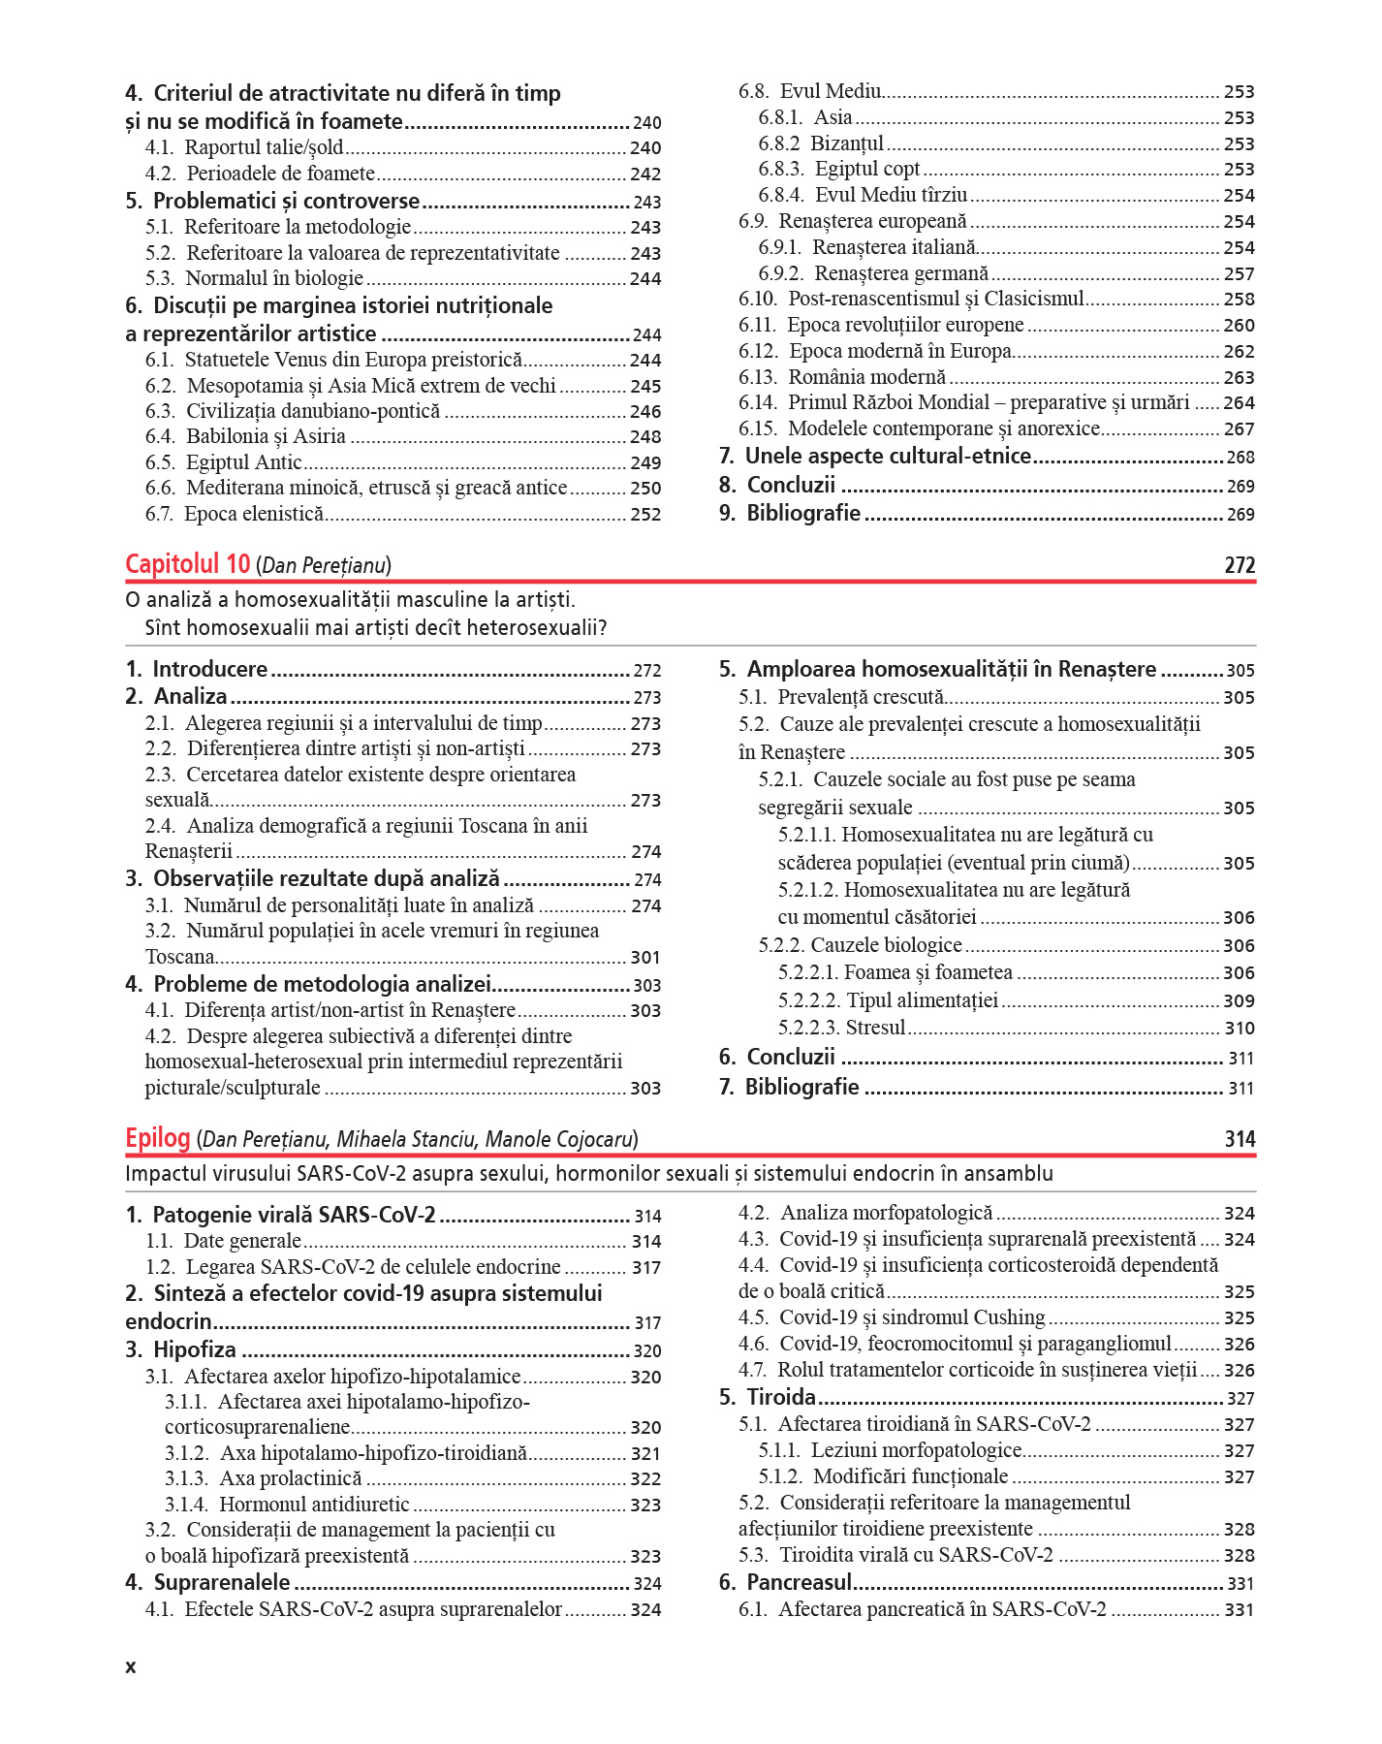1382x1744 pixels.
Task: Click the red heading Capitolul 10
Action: [x=187, y=564]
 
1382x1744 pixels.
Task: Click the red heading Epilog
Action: [x=157, y=1138]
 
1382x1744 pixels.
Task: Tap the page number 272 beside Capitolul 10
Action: [x=1239, y=565]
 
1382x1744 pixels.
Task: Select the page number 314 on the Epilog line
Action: [x=1239, y=1139]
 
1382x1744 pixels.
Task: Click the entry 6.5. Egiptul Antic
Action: [x=224, y=462]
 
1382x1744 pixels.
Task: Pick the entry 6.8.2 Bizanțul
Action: [x=821, y=143]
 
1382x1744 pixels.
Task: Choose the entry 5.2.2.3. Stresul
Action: [x=841, y=1028]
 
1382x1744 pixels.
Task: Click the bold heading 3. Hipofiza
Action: [x=181, y=1349]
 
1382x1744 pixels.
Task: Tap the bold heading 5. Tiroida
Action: [x=768, y=1397]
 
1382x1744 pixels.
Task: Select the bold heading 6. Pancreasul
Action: [x=785, y=1582]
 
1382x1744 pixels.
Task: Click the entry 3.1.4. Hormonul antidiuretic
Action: [x=287, y=1505]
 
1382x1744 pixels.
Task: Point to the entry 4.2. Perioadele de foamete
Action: [x=260, y=174]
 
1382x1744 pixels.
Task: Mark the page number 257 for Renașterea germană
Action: [x=1239, y=274]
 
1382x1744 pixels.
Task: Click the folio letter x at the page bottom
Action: [x=131, y=1667]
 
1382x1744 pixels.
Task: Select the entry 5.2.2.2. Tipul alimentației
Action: [x=888, y=1000]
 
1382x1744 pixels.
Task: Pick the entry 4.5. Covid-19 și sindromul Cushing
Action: [x=892, y=1317]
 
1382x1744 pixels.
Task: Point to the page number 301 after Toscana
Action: [x=645, y=958]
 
